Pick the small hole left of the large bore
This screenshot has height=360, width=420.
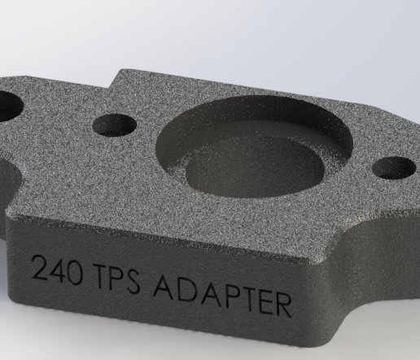click(114, 125)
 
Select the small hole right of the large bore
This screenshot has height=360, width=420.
click(389, 169)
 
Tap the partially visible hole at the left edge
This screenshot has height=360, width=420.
click(7, 103)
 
